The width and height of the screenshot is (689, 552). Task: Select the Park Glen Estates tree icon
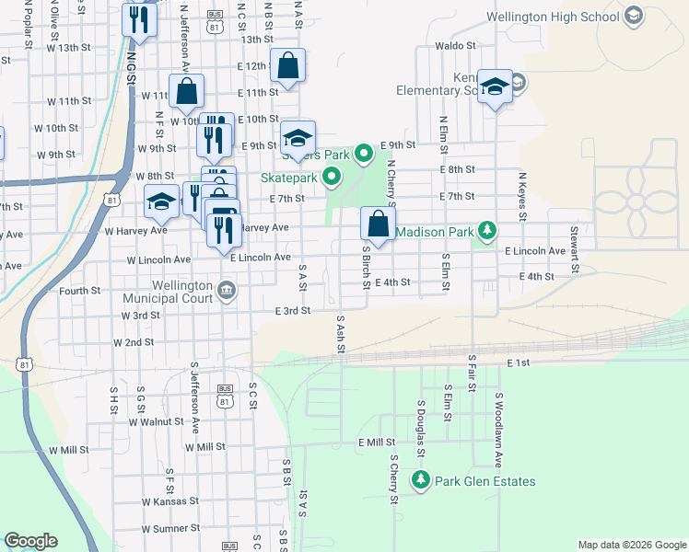[x=421, y=480]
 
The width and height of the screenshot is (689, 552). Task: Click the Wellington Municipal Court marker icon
[x=228, y=292]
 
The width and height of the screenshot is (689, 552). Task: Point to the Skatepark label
[x=289, y=177]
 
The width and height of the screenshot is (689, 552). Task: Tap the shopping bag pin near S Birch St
[x=378, y=222]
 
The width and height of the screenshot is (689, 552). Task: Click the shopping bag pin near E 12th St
[x=287, y=66]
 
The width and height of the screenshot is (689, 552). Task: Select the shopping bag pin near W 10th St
[x=186, y=92]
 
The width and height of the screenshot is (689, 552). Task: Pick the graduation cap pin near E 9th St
[x=298, y=139]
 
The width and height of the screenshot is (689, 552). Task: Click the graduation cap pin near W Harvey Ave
[x=161, y=202]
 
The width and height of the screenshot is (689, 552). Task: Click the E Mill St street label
[x=376, y=443]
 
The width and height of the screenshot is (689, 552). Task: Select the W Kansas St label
[x=169, y=501]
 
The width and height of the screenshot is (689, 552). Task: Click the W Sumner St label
[x=170, y=528]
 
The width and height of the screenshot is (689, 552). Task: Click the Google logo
[x=30, y=541]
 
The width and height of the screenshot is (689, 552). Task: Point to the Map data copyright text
[x=631, y=545]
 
